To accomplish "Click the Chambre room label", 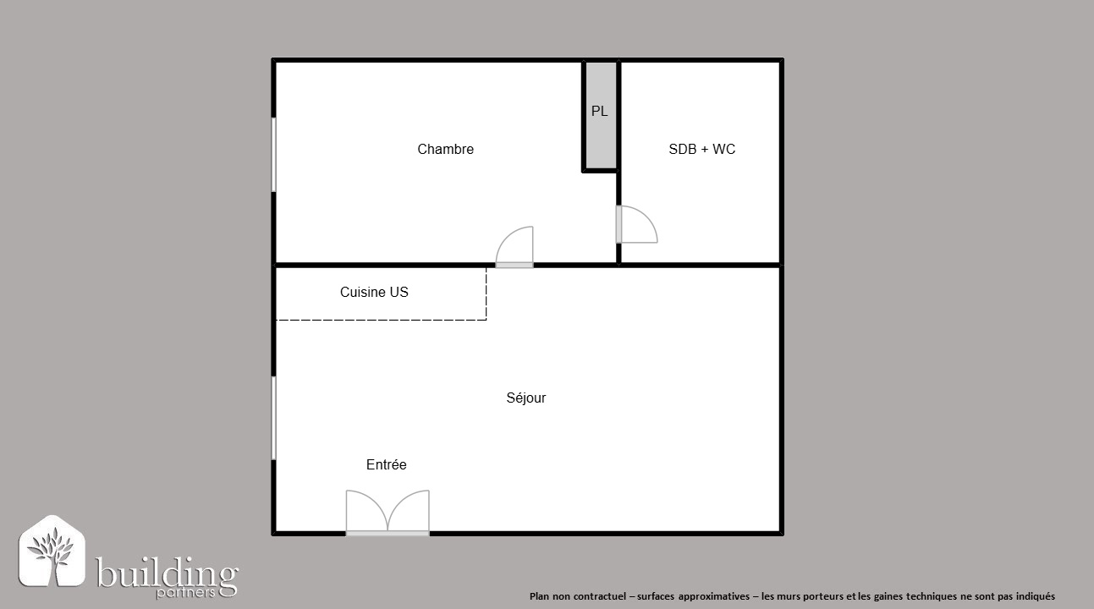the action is [x=445, y=149].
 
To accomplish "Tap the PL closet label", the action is [x=599, y=112].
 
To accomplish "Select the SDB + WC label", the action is [x=701, y=149].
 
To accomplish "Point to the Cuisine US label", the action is [x=374, y=292].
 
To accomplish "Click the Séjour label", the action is [x=526, y=398].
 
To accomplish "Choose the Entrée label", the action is [x=387, y=464].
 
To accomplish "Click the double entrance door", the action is [x=388, y=513].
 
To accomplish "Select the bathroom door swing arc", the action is [x=650, y=217].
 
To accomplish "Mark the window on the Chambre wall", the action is [x=273, y=154].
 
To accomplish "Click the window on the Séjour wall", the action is [x=273, y=418].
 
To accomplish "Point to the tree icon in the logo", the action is [x=52, y=551].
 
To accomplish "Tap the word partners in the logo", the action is [x=185, y=594].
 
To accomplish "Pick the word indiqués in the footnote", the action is [x=1035, y=596].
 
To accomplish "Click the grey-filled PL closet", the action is [x=601, y=115].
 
